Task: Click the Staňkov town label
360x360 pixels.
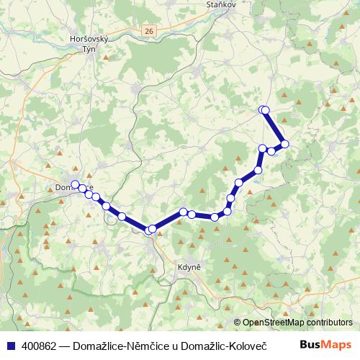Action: pyautogui.click(x=222, y=4)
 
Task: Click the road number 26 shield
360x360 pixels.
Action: pyautogui.click(x=148, y=31)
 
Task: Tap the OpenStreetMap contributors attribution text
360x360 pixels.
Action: pyautogui.click(x=297, y=323)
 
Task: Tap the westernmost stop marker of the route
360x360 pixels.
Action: pyautogui.click(x=75, y=184)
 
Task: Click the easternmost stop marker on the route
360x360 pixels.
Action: pyautogui.click(x=284, y=144)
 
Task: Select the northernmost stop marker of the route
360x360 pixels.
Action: pyautogui.click(x=263, y=109)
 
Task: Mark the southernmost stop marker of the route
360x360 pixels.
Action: pyautogui.click(x=149, y=230)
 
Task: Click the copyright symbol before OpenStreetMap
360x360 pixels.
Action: pyautogui.click(x=238, y=323)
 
